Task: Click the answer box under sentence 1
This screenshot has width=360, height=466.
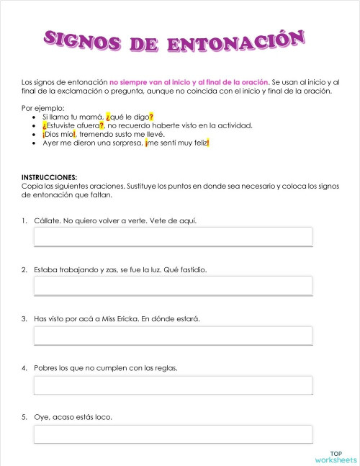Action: (173, 236)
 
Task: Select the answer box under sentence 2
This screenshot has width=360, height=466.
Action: (173, 285)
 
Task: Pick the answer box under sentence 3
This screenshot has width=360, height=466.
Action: (173, 335)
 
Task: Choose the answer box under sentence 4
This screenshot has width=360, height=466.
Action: (173, 385)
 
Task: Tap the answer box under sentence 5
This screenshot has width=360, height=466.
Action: (173, 434)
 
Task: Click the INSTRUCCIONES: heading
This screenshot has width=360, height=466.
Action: (49, 177)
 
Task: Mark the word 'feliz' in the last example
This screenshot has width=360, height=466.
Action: (198, 143)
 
